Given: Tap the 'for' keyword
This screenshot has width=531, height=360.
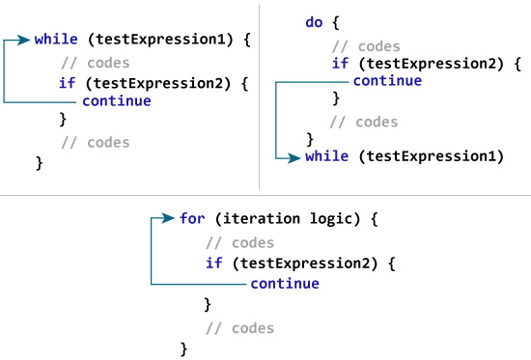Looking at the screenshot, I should click(x=192, y=218).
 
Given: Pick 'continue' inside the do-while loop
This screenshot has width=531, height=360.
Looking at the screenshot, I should click(x=387, y=80).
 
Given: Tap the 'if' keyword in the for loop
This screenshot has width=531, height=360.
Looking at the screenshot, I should click(x=213, y=263).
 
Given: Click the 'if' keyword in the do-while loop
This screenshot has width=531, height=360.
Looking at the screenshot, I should click(x=338, y=64).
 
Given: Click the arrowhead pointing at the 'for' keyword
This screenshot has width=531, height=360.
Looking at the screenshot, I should click(x=171, y=218).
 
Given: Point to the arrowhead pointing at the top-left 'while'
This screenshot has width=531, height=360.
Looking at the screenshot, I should click(x=25, y=41).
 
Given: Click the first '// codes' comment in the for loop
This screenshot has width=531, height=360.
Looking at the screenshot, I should click(x=239, y=242).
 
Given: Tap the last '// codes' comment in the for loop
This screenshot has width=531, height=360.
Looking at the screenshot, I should click(x=239, y=328).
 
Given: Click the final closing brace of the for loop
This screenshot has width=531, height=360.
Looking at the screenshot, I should click(x=183, y=346).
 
